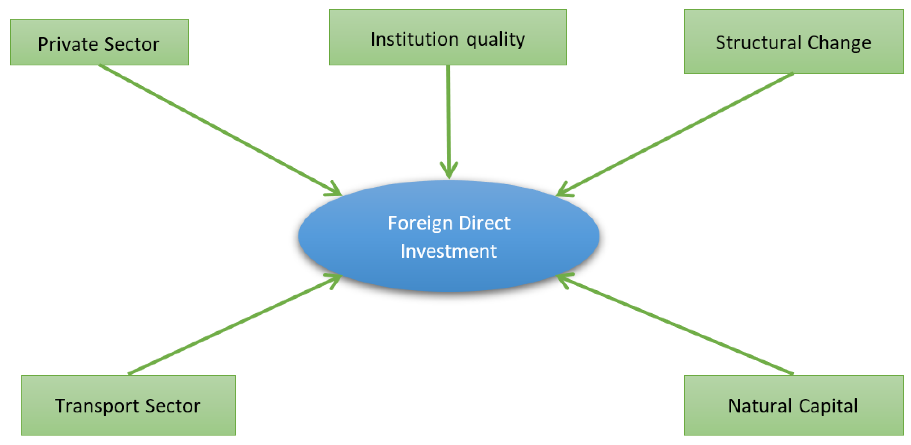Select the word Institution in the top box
click(414, 39)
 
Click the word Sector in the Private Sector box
click(132, 45)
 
